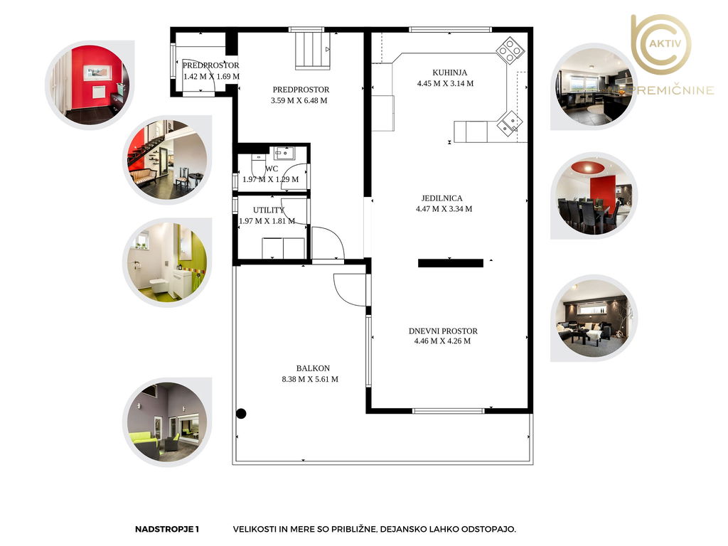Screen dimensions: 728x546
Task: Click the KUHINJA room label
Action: coord(449,73)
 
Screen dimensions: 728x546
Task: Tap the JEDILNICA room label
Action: coord(441,198)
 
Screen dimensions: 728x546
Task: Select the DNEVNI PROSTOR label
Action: coord(443,331)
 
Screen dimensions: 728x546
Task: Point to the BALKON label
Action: coord(313,368)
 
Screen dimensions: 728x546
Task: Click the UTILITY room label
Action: coord(268,210)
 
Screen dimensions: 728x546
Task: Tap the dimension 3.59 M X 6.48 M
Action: coord(299,100)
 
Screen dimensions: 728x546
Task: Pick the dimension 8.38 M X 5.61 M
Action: coord(310,380)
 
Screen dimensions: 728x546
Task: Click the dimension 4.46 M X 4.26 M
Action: coord(442,341)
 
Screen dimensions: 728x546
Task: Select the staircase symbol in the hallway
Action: coord(313,50)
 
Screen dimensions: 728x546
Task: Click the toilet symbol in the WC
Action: coord(258,165)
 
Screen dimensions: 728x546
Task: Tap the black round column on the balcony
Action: coord(241,413)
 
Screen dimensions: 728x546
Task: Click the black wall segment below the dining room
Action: coord(450,263)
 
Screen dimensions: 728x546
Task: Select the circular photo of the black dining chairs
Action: coord(594,196)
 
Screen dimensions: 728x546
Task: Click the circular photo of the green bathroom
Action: coord(167,262)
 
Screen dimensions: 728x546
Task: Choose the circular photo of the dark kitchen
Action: coord(594,87)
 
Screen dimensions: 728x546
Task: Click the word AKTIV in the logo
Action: coord(665,43)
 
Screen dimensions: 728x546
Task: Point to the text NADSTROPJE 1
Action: coord(167,529)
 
